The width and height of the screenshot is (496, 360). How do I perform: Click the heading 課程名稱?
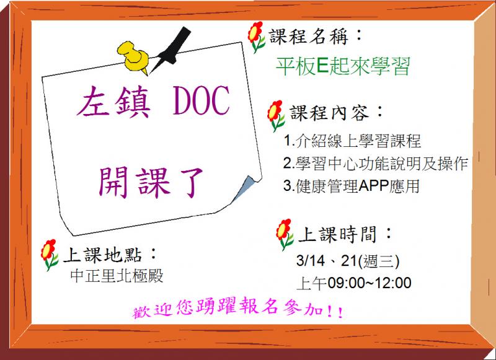(x=316, y=37)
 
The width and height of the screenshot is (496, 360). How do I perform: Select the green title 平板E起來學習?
(x=343, y=67)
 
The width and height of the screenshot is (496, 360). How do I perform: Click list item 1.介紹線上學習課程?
(x=352, y=142)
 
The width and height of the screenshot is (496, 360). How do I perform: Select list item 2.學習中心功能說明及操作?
(x=375, y=164)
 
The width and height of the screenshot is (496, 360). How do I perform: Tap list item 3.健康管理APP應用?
(x=350, y=187)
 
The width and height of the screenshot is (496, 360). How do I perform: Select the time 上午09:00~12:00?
(x=354, y=283)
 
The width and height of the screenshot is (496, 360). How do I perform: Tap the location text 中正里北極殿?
(x=118, y=275)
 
